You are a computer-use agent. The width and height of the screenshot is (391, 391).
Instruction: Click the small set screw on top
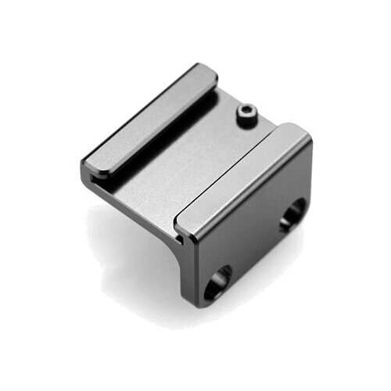point(246,116)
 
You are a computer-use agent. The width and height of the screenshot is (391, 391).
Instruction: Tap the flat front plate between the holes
point(254,242)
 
